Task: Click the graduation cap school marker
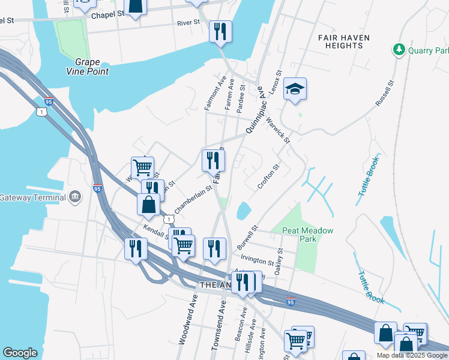click(295, 89)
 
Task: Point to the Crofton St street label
click(268, 177)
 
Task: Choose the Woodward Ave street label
click(187, 322)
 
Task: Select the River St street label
click(188, 23)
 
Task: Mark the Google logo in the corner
click(20, 353)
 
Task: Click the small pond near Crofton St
click(244, 211)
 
